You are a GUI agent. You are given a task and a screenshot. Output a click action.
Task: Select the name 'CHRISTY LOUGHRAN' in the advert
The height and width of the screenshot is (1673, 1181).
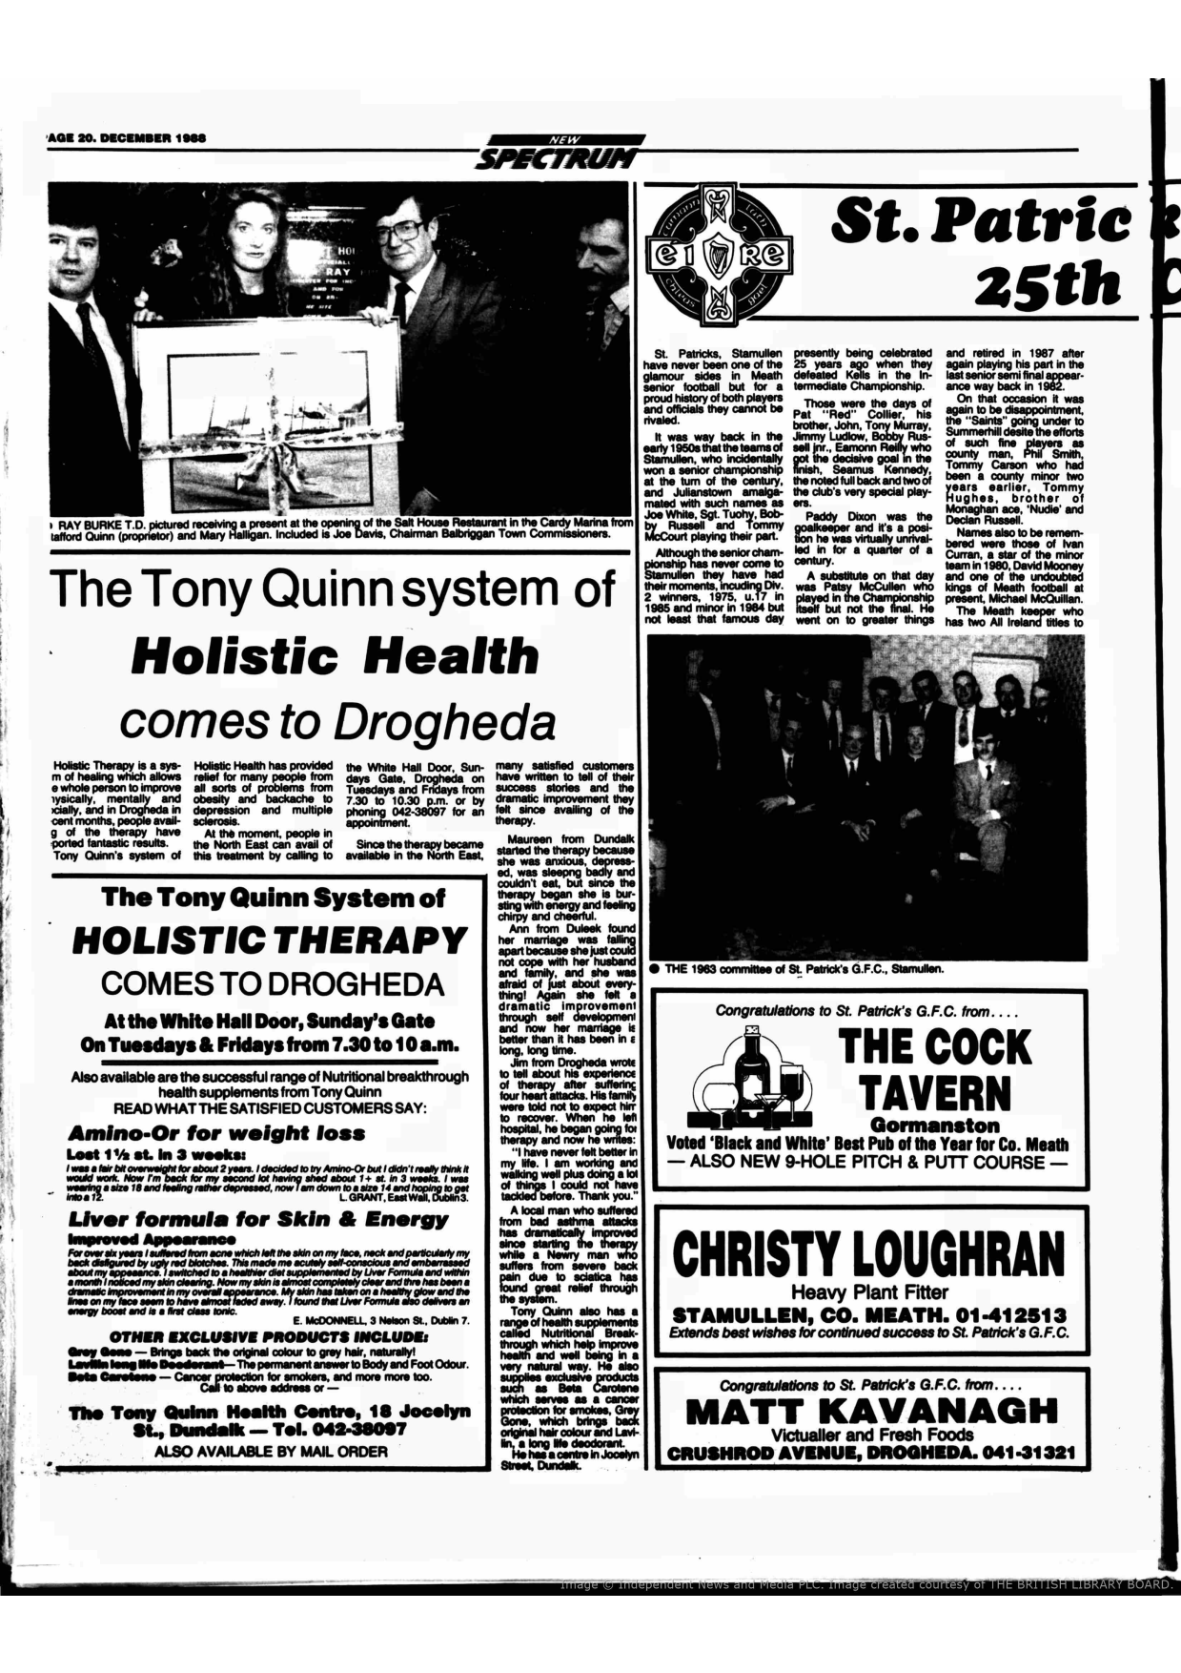[868, 1251]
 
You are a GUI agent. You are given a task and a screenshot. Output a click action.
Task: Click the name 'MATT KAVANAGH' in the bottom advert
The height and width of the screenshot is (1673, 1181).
[872, 1411]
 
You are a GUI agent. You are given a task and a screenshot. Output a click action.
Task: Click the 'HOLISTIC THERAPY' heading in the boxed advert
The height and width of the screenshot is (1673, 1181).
[270, 940]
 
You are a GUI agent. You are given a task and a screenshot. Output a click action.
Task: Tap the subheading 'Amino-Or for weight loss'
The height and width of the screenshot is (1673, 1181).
[216, 1133]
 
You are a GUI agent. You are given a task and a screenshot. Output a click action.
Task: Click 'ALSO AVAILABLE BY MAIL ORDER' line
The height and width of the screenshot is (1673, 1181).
[271, 1452]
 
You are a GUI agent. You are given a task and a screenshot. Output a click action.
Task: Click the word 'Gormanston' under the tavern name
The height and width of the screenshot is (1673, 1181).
[935, 1126]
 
